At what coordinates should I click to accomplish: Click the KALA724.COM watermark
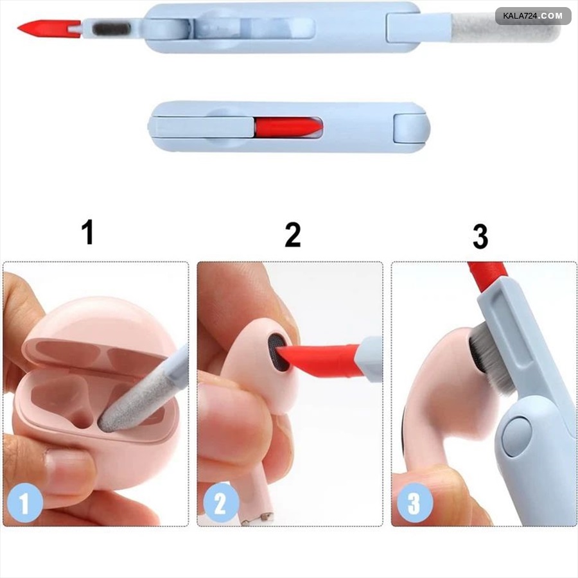coord(533,16)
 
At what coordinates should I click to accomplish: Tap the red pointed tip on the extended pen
coord(49,28)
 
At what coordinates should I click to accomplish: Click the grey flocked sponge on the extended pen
coord(505,27)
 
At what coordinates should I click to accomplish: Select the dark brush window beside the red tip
coord(111,28)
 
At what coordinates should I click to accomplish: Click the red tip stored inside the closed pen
coord(288,128)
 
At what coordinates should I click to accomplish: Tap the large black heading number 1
coord(87,232)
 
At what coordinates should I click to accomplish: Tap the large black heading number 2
coord(293,234)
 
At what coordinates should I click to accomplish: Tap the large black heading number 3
coord(480,236)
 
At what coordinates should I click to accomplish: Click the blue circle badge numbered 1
coord(24,502)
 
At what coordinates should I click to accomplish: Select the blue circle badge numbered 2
coord(220,502)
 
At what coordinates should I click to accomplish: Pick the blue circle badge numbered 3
coord(414,502)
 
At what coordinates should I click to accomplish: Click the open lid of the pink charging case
coord(95,332)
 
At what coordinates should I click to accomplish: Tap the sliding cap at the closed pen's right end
coord(411,128)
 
